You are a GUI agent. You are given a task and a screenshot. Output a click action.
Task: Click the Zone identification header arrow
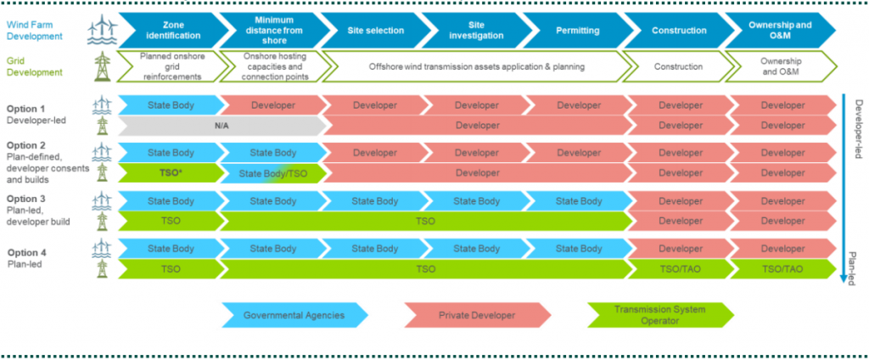pos(173,31)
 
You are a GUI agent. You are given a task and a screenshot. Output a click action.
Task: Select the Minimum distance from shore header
pos(274,31)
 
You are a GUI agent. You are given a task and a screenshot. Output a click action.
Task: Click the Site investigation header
pos(476,31)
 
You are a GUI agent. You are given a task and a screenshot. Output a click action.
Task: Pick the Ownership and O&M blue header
pos(779,31)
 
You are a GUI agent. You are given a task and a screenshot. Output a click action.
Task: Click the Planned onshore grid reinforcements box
pos(171,66)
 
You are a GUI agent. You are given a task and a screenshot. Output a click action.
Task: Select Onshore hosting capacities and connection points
pos(273,66)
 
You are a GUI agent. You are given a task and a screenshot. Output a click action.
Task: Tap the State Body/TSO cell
pos(273,173)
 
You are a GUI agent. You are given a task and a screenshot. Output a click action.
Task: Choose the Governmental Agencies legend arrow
pos(293,315)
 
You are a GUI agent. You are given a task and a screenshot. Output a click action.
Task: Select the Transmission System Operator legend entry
pos(660,315)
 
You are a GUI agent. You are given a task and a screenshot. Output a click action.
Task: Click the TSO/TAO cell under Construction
pos(679,269)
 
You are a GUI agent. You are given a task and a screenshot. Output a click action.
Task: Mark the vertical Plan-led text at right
pos(855,266)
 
